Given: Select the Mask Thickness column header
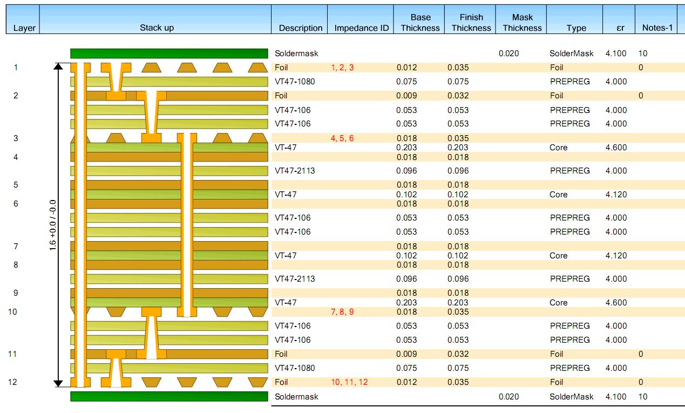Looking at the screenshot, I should point(522,23).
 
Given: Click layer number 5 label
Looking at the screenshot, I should point(16,184).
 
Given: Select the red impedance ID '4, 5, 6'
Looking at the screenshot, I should point(342,138).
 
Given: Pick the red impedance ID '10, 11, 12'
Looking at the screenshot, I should point(349,382).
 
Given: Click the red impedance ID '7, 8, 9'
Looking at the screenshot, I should point(342,312).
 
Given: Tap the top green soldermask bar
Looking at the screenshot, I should point(169,54).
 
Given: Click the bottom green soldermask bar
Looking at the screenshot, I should point(169,396).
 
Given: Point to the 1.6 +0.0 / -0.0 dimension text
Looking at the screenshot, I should point(53,224).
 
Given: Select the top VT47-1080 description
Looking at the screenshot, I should point(295,82).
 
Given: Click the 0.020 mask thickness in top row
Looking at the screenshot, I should point(508,54).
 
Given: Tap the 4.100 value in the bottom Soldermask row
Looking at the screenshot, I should point(616,396).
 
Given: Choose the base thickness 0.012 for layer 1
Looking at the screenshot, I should point(406,68).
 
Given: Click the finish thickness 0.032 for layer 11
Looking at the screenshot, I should point(458,354).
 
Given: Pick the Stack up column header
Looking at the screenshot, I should point(157,28).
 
